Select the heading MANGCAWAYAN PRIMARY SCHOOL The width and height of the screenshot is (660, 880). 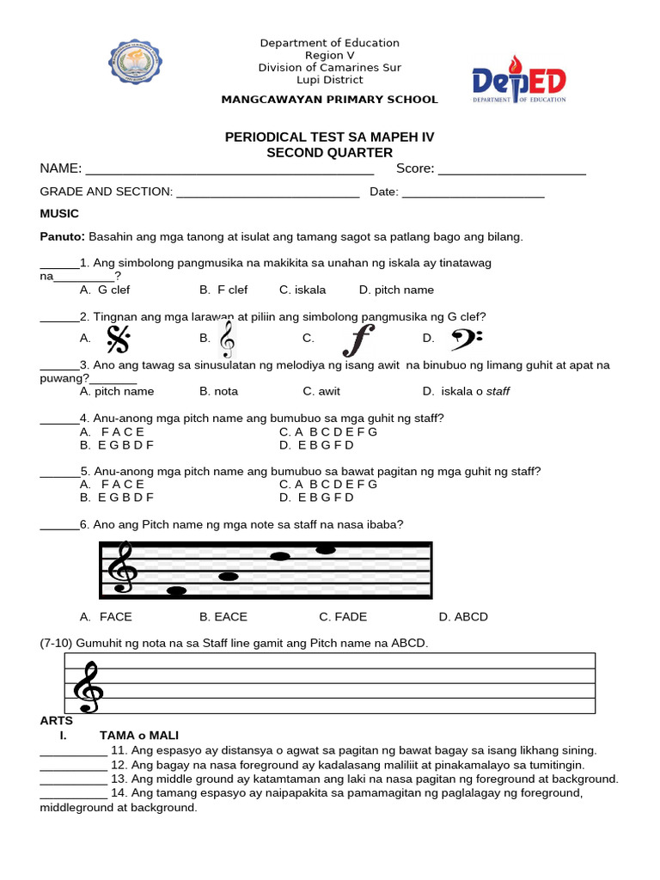point(329,100)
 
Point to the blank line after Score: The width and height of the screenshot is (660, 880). point(511,169)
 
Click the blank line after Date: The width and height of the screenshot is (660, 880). point(473,192)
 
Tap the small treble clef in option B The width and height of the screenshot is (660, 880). point(227,339)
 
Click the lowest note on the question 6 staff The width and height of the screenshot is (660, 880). point(177,591)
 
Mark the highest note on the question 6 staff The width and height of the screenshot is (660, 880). point(326,549)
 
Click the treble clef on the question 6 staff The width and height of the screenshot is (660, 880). point(121,567)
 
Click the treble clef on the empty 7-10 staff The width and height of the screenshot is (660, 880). point(89,687)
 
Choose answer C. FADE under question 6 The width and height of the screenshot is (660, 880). point(344,617)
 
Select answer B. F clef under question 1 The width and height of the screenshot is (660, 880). point(223,290)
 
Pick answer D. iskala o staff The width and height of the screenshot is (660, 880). point(466,392)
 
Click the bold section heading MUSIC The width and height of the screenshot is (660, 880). point(59,213)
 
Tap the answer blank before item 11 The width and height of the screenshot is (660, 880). point(73,751)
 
